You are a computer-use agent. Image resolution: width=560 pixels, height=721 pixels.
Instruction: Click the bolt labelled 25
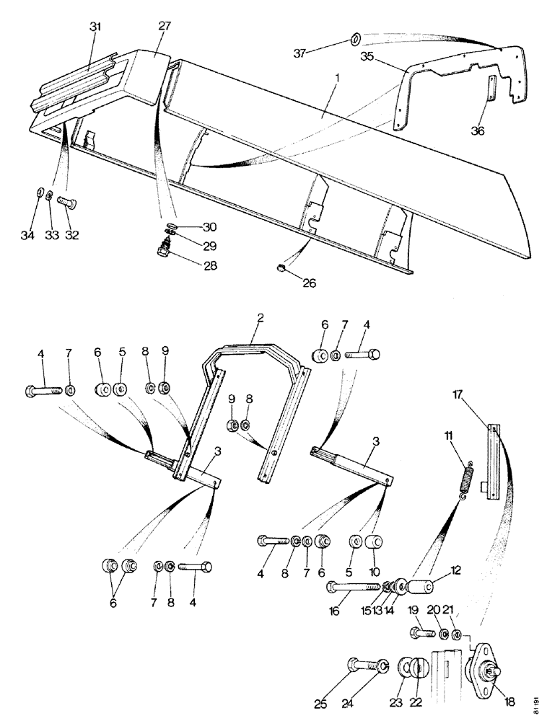(x=363, y=667)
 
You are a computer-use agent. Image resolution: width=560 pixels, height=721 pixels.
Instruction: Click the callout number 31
(x=95, y=27)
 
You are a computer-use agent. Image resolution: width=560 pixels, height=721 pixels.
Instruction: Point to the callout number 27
(x=165, y=27)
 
